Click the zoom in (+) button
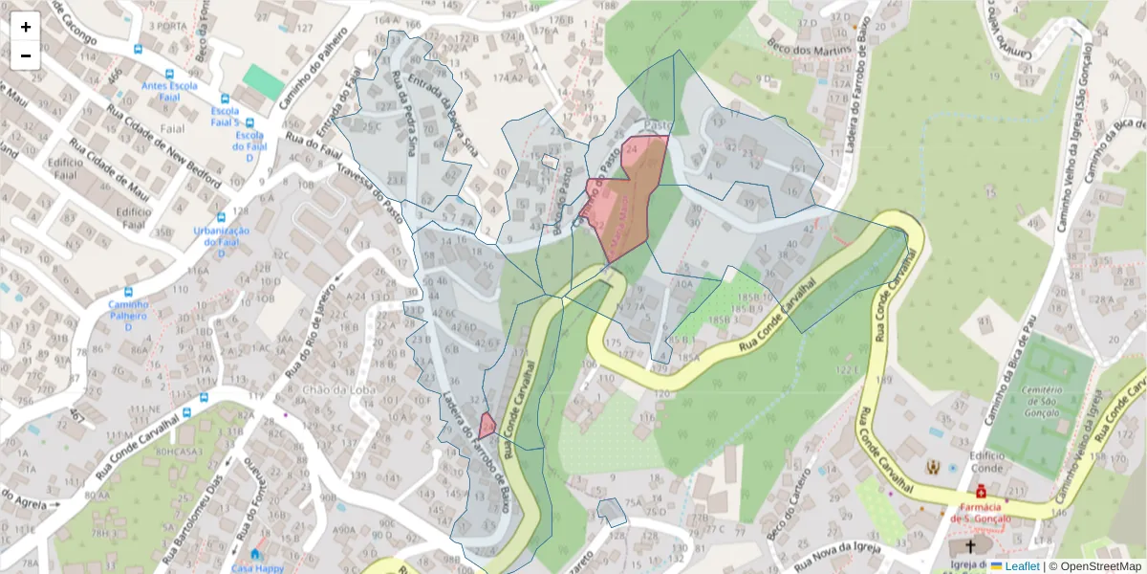[26, 27]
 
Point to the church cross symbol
[971, 547]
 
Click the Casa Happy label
[257, 567]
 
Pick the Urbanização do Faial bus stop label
[221, 236]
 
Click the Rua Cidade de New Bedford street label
[163, 143]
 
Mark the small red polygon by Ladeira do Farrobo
[487, 425]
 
